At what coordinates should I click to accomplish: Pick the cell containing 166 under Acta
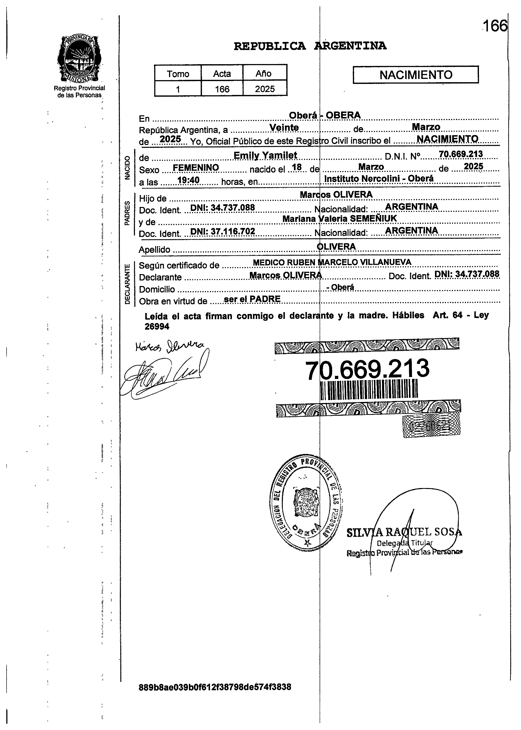coord(222,89)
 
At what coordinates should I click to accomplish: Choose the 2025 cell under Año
coord(265,89)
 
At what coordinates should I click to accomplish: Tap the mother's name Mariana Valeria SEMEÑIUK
coord(339,218)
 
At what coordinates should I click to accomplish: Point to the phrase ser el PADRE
coord(252,299)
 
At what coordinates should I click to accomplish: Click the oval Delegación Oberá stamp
coord(306,503)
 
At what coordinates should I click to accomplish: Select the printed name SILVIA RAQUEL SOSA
coord(404,533)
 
